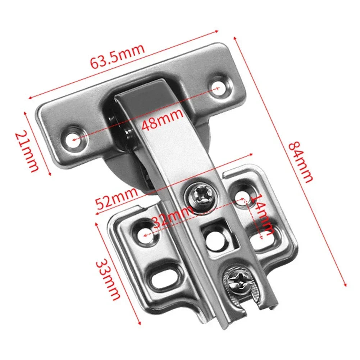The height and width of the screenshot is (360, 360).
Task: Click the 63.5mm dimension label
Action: tap(117, 57)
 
